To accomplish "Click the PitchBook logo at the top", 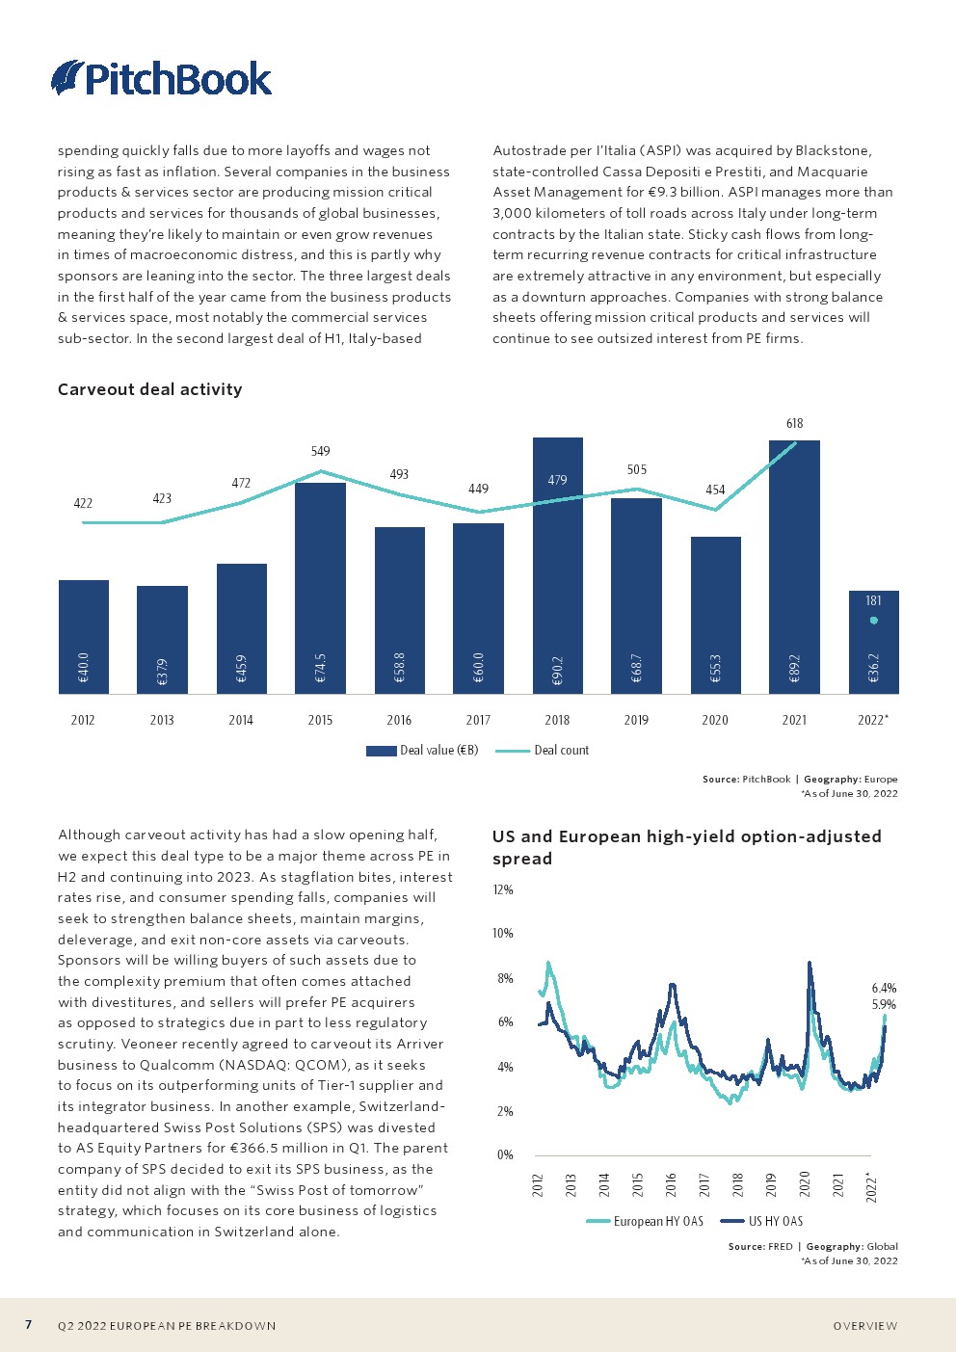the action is [x=161, y=78].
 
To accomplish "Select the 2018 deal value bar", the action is [x=558, y=566].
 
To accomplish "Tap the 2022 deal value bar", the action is [x=874, y=642].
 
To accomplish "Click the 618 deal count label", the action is [x=794, y=424].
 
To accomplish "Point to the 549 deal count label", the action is [x=321, y=452].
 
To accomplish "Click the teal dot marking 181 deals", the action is [x=873, y=621].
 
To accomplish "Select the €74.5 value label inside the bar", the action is [x=321, y=668].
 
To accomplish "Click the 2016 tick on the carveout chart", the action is [x=399, y=720].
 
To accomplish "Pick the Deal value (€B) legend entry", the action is [x=422, y=751].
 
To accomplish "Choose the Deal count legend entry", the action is [x=542, y=751].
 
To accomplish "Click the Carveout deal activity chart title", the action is [x=149, y=389].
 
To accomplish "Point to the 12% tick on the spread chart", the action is [x=503, y=889].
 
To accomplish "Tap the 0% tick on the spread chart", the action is [x=505, y=1154].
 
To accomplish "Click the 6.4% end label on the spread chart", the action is [x=884, y=988].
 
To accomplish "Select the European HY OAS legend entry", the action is [x=645, y=1221].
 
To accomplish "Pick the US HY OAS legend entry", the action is [x=761, y=1221].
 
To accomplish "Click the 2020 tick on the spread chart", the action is [x=804, y=1183].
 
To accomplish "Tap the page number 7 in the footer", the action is [x=28, y=1324].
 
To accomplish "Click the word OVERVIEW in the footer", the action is [x=865, y=1325].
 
